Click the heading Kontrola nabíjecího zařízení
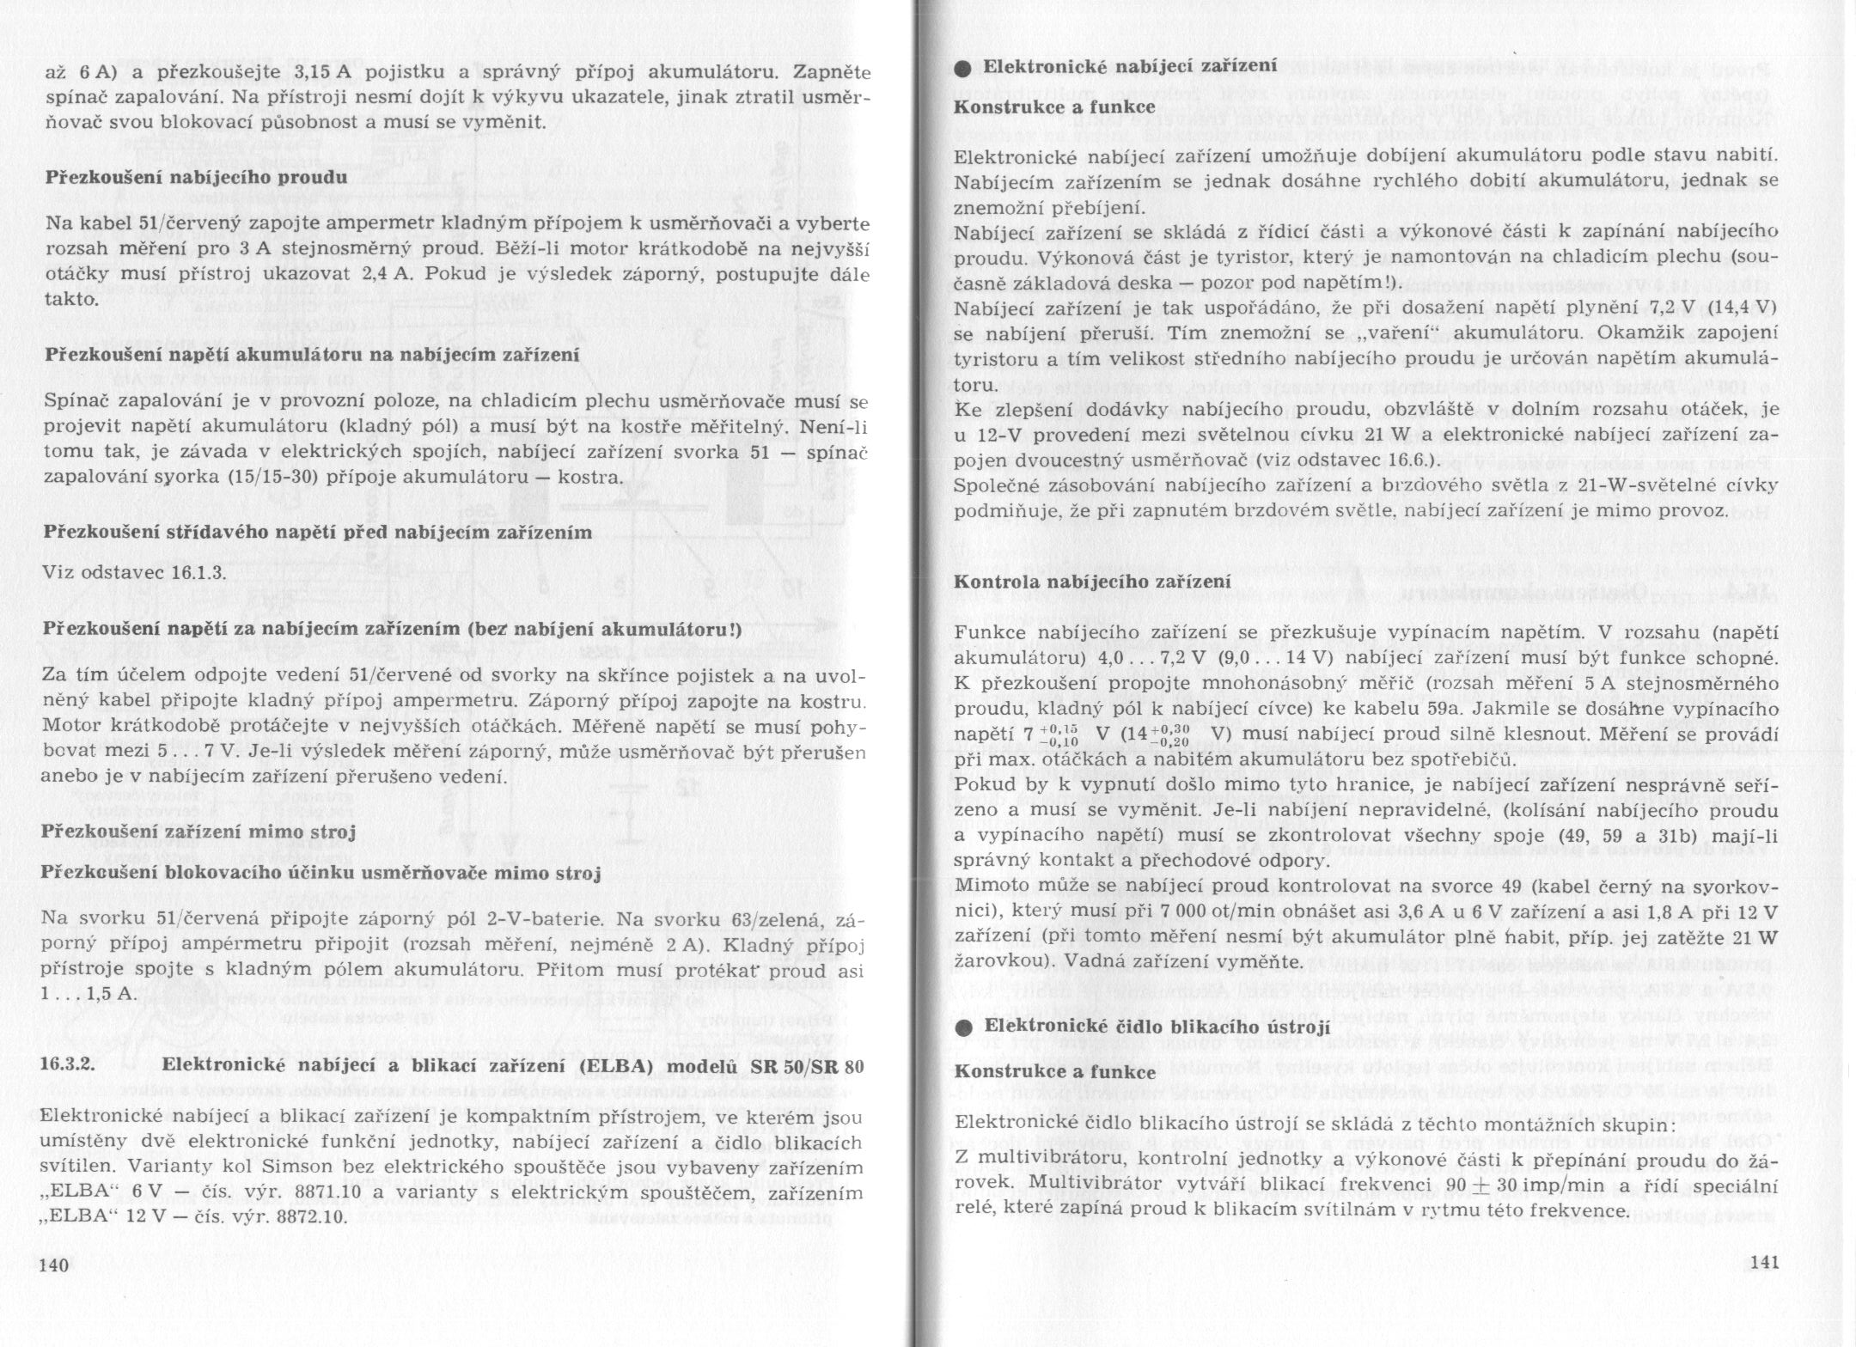pyautogui.click(x=1093, y=582)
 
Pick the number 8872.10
pyautogui.click(x=302, y=1218)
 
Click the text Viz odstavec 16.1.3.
pyautogui.click(x=135, y=572)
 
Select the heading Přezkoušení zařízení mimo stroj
pyautogui.click(x=198, y=832)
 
